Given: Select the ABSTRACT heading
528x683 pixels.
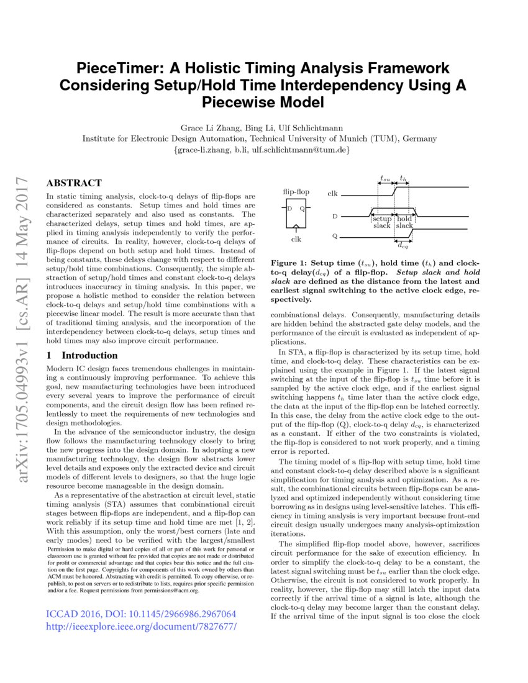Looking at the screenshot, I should pyautogui.click(x=74, y=183).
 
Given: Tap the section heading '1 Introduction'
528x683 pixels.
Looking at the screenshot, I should pyautogui.click(x=82, y=355).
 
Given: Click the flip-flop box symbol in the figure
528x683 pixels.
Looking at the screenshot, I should pyautogui.click(x=296, y=214).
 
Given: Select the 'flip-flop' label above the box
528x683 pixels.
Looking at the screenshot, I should pyautogui.click(x=296, y=192).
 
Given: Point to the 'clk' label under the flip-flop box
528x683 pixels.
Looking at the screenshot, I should pyautogui.click(x=296, y=238).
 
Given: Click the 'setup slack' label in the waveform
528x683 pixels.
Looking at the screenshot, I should pyautogui.click(x=381, y=222).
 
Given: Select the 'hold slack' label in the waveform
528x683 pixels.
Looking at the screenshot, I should pyautogui.click(x=404, y=222).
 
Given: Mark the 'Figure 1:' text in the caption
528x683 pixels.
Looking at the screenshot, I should pyautogui.click(x=289, y=263).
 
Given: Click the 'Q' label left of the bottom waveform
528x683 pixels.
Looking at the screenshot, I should pyautogui.click(x=335, y=237).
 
